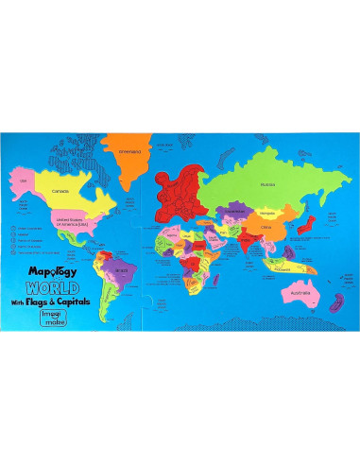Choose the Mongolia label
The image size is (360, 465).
click(x=266, y=212)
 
